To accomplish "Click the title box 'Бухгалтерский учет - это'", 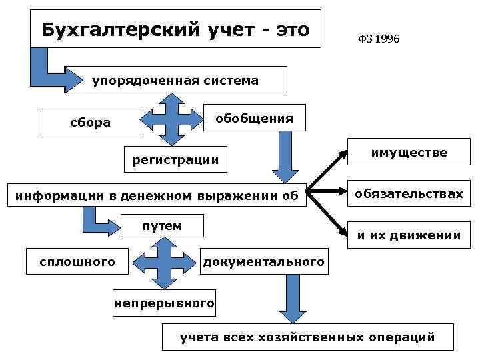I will click(175, 30).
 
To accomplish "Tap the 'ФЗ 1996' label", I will click(378, 40).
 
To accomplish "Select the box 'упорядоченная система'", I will click(175, 81).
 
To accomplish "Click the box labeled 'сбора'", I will click(91, 122).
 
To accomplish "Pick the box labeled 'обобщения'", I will click(253, 119).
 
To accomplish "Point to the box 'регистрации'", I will click(175, 159).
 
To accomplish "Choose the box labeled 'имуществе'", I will click(409, 153).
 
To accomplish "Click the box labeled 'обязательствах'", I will click(409, 194).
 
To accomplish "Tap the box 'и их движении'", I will click(409, 235).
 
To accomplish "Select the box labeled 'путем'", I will click(162, 226).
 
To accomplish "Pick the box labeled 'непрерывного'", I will click(164, 303).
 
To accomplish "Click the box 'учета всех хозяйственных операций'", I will click(307, 337).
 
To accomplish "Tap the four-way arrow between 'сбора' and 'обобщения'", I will click(172, 119).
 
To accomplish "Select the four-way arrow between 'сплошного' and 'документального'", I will click(160, 263).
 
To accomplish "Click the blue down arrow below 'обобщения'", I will click(285, 157).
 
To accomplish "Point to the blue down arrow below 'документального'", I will click(292, 298).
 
